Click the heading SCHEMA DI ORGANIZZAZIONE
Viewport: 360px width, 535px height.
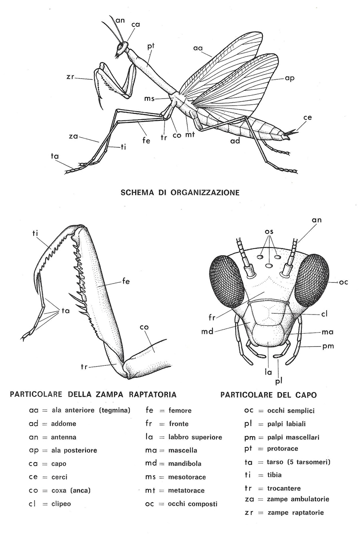[180, 192]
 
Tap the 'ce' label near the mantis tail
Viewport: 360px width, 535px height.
[308, 118]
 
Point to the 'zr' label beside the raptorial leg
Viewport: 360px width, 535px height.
[70, 77]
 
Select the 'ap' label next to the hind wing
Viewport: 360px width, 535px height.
[290, 78]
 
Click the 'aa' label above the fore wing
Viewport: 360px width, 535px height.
[198, 48]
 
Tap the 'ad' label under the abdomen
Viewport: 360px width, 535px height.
[235, 141]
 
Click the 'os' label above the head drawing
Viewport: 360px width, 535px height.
[269, 231]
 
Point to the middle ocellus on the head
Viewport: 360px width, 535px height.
[269, 266]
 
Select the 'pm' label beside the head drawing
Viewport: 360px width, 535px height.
[328, 347]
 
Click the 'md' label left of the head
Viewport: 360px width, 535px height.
[207, 331]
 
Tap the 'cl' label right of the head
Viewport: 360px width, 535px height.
[324, 314]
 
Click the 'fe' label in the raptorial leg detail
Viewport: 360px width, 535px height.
[126, 281]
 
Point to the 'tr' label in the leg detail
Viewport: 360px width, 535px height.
[84, 366]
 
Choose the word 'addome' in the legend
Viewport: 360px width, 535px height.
[64, 424]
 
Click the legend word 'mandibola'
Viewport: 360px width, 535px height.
[185, 464]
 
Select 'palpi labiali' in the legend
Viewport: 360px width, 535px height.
[283, 424]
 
